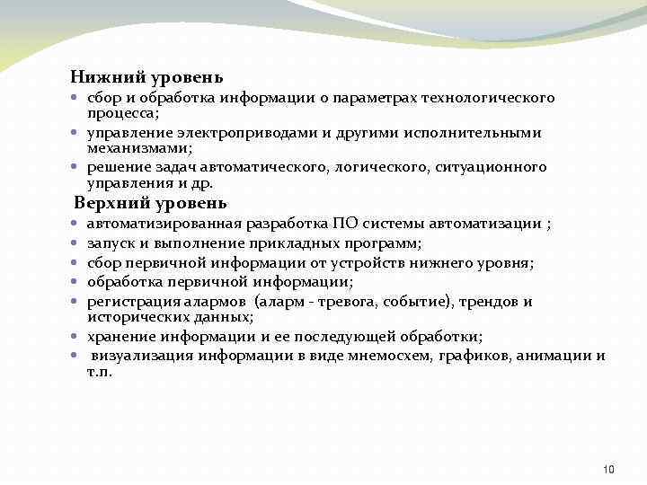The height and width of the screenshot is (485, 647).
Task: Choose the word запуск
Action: [x=108, y=242]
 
